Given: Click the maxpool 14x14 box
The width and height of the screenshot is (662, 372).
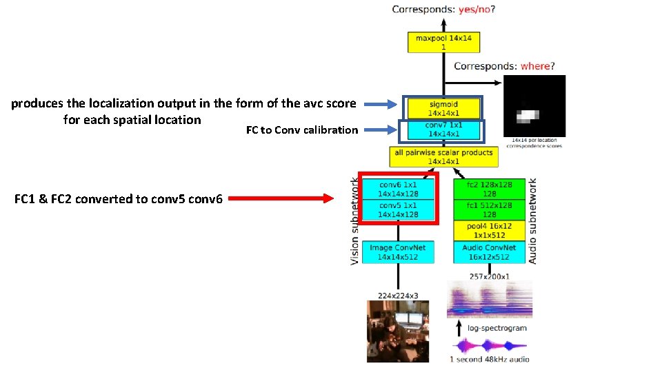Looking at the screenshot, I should pos(443,42).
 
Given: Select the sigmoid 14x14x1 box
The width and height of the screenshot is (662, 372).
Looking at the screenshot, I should pos(443,108).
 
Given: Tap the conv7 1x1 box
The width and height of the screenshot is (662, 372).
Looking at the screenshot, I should pos(443,130).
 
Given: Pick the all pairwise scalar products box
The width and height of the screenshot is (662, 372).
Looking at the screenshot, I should pos(443,156).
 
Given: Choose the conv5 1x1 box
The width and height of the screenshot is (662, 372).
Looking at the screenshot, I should pos(399,210).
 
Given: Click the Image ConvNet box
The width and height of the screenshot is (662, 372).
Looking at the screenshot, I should pos(399,252).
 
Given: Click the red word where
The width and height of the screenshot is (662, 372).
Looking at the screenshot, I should pos(535,66).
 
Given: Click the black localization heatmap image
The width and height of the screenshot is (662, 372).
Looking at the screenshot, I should pos(534,107).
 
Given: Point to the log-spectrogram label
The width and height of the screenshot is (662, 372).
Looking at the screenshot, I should pos(496,328).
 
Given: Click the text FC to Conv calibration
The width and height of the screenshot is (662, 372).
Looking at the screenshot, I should pos(302,130).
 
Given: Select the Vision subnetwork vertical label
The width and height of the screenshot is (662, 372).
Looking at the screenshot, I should pos(355,220).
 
